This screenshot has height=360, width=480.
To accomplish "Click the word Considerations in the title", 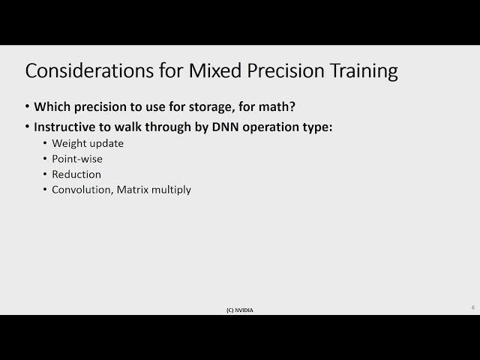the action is tap(89, 70).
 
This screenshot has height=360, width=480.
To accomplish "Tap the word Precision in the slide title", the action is tap(286, 70).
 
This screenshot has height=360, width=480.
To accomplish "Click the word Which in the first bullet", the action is tap(52, 106).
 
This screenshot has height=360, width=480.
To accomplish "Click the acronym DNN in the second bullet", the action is tap(225, 127).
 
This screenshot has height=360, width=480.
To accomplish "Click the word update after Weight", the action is tap(106, 144).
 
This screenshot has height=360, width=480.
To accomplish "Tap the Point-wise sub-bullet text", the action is tap(77, 159).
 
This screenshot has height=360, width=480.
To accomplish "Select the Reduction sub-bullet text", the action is tap(76, 174).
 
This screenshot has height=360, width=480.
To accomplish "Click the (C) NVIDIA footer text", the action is tap(240, 310).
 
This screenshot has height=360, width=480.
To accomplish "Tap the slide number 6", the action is tap(473, 307).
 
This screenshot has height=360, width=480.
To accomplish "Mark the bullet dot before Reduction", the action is tap(45, 174).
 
